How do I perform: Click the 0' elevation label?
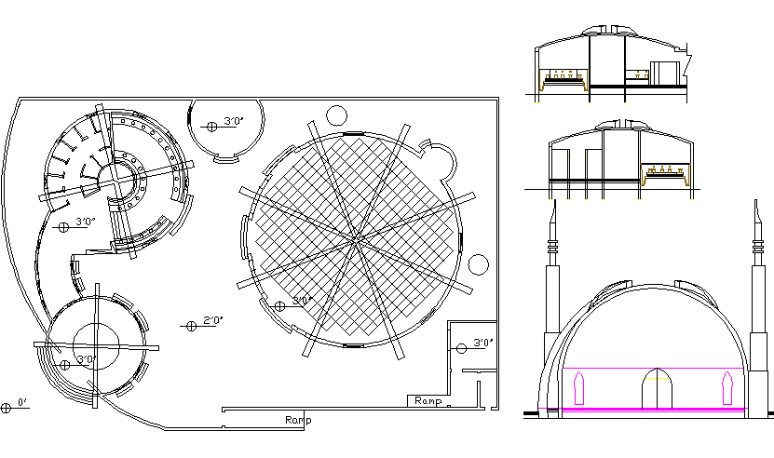coord(22,402)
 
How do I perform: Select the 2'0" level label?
coord(213,320)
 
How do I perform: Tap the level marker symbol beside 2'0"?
coord(192,326)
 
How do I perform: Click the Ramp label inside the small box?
coord(428,400)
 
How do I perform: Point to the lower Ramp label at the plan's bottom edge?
coord(298,420)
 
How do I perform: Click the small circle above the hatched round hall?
coord(336,116)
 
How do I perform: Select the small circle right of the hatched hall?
coord(478,265)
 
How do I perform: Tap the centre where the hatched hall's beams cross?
coord(357,240)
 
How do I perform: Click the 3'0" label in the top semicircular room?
coord(234,121)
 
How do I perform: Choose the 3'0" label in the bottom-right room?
coord(483,342)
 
